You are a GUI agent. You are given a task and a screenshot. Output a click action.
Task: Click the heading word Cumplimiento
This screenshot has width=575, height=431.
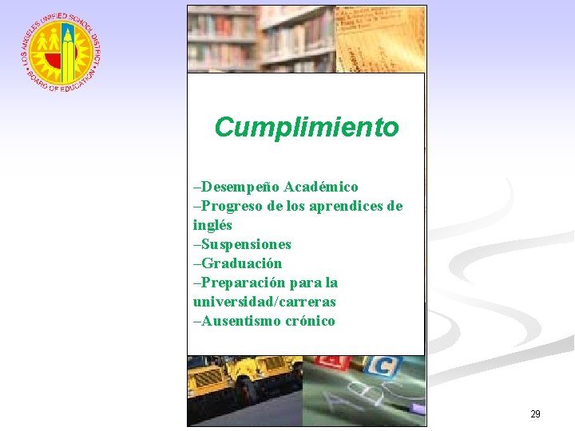pyautogui.click(x=306, y=127)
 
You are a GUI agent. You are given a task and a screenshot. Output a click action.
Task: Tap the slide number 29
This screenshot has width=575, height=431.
pyautogui.click(x=535, y=414)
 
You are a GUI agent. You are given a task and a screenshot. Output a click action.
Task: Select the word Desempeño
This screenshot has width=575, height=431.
pyautogui.click(x=232, y=187)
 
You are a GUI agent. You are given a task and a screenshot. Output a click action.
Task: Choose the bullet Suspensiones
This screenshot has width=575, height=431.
pyautogui.click(x=244, y=244)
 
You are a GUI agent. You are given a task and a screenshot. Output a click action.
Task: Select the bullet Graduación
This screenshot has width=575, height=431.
pyautogui.click(x=239, y=263)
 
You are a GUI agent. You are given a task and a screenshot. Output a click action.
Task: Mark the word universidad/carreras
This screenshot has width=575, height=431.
pyautogui.click(x=264, y=302)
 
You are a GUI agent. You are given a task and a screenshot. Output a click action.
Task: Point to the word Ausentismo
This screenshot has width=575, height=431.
pyautogui.click(x=241, y=321)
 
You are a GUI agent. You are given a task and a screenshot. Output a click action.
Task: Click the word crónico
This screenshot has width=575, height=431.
pyautogui.click(x=310, y=321)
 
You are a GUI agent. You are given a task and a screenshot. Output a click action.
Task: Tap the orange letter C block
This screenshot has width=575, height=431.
pyautogui.click(x=383, y=367)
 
